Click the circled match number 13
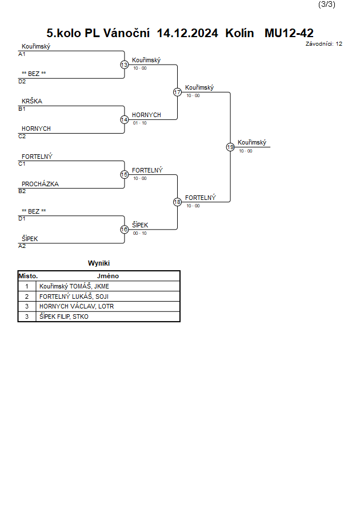point(125,65)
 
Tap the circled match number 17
point(177,92)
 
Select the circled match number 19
point(230,147)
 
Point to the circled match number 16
point(125,230)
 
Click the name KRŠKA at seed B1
point(32,101)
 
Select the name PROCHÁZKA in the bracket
point(40,184)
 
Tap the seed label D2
point(22,82)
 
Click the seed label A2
point(22,246)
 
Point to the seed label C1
point(22,164)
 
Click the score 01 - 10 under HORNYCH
point(140,123)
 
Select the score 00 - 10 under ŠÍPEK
point(140,233)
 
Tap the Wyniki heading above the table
point(99,263)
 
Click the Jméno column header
point(108,276)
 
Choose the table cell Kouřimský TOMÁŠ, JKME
point(74,286)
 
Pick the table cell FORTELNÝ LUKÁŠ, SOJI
point(74,296)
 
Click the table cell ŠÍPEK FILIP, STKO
point(64,316)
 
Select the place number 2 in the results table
point(27,296)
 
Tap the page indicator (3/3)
point(326,4)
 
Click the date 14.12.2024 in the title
point(187,33)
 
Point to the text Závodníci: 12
point(324,44)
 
